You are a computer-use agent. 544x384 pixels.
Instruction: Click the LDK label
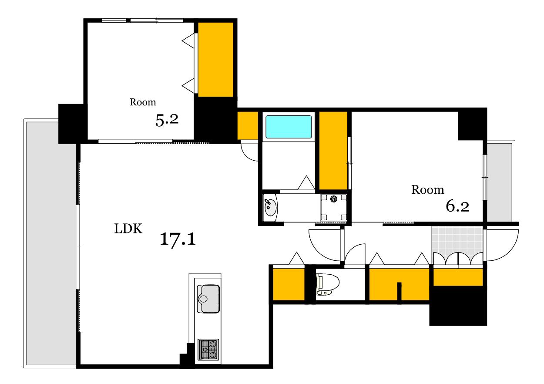(128, 229)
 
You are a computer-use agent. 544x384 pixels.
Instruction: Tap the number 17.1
(178, 239)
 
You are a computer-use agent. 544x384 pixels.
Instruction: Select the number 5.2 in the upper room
(167, 120)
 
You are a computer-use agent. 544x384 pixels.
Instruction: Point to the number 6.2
(457, 206)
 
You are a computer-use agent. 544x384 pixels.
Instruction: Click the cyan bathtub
(288, 127)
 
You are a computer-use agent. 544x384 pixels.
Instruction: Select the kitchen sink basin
(208, 299)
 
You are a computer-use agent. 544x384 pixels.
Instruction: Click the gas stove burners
(208, 350)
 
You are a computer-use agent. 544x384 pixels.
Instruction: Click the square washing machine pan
(333, 207)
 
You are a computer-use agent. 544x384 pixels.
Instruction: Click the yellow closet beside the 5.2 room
(216, 60)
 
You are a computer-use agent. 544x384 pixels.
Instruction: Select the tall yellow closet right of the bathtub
(333, 150)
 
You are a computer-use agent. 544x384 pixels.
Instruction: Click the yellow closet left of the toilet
(289, 284)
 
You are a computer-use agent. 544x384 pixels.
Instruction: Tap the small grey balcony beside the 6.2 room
(499, 182)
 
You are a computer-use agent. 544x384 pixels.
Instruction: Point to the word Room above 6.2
(428, 190)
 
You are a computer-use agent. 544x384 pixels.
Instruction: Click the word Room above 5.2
(143, 102)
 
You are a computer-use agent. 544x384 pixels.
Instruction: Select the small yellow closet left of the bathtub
(248, 125)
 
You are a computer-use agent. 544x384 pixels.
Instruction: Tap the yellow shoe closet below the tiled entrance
(458, 277)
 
